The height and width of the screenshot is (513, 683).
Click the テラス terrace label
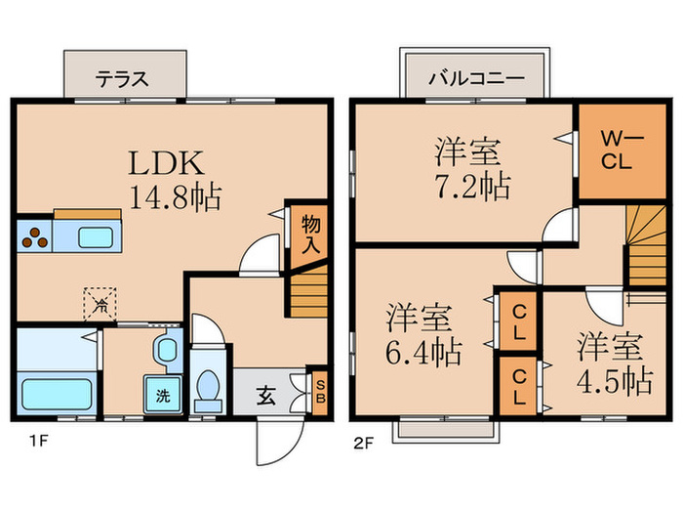coord(122,79)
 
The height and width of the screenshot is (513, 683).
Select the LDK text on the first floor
coord(165,161)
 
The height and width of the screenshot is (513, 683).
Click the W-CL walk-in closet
coord(615,151)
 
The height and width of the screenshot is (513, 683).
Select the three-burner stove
coord(34,238)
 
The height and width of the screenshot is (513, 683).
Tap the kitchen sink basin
coord(95,237)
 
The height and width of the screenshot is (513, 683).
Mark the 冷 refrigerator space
coord(99,302)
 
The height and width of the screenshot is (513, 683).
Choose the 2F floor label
coord(363,441)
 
